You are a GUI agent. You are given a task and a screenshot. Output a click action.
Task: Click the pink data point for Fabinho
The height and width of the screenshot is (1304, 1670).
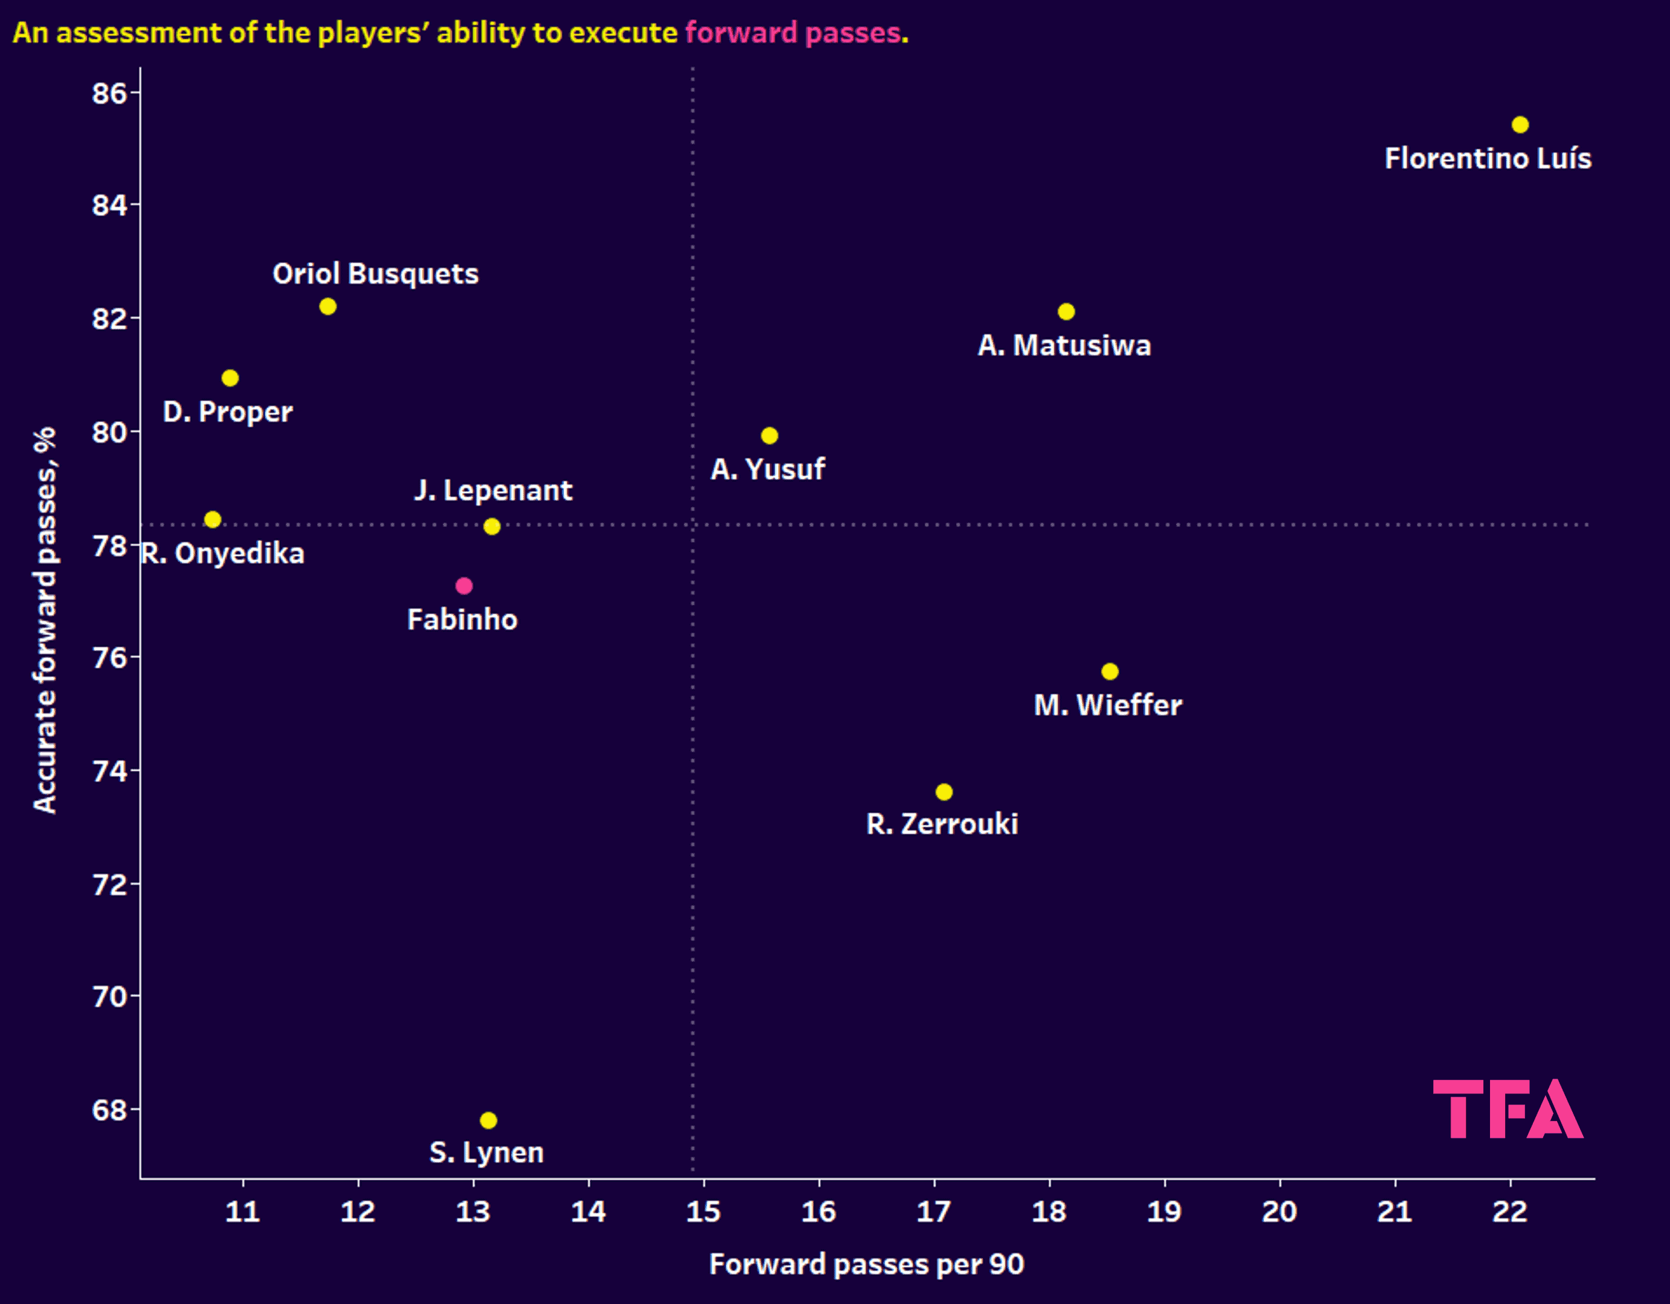coord(463,586)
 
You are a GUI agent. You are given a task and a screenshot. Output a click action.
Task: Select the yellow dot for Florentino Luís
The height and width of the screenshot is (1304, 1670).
coord(1520,124)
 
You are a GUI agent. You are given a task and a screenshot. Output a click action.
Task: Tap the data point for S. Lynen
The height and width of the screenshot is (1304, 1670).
coord(489,1120)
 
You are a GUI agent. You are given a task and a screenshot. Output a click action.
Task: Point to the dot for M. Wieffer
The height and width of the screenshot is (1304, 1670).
coord(1110,671)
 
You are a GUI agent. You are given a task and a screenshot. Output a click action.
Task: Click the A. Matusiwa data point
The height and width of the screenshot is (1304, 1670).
coord(1066,311)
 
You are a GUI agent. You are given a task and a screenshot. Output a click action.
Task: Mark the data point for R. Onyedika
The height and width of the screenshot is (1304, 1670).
coord(213,519)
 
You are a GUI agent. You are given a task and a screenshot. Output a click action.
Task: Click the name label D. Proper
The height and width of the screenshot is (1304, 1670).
coord(228,412)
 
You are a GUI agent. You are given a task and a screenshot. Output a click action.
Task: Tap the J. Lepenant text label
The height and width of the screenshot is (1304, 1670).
coord(493,490)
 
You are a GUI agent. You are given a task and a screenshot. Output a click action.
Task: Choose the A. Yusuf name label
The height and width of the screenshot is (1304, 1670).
coord(768,469)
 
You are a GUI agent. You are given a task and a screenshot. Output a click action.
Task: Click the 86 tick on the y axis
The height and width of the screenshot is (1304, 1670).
coord(109,92)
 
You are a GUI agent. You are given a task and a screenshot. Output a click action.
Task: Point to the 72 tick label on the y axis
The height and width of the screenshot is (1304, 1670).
coord(109,884)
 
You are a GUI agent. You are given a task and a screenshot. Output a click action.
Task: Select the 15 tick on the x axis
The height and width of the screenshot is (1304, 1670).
coord(704,1212)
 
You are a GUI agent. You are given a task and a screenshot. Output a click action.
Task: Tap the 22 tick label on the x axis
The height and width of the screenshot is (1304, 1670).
coord(1510,1212)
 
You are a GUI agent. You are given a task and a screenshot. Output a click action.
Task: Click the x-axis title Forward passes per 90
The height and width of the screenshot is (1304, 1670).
coord(866,1264)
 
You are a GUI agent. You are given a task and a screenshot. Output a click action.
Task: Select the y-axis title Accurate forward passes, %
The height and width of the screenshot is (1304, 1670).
coord(44,619)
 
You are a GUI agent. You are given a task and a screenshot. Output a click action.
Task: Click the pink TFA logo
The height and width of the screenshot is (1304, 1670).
coord(1507,1108)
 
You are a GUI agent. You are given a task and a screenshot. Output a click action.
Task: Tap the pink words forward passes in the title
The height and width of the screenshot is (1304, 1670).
coord(792,33)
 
